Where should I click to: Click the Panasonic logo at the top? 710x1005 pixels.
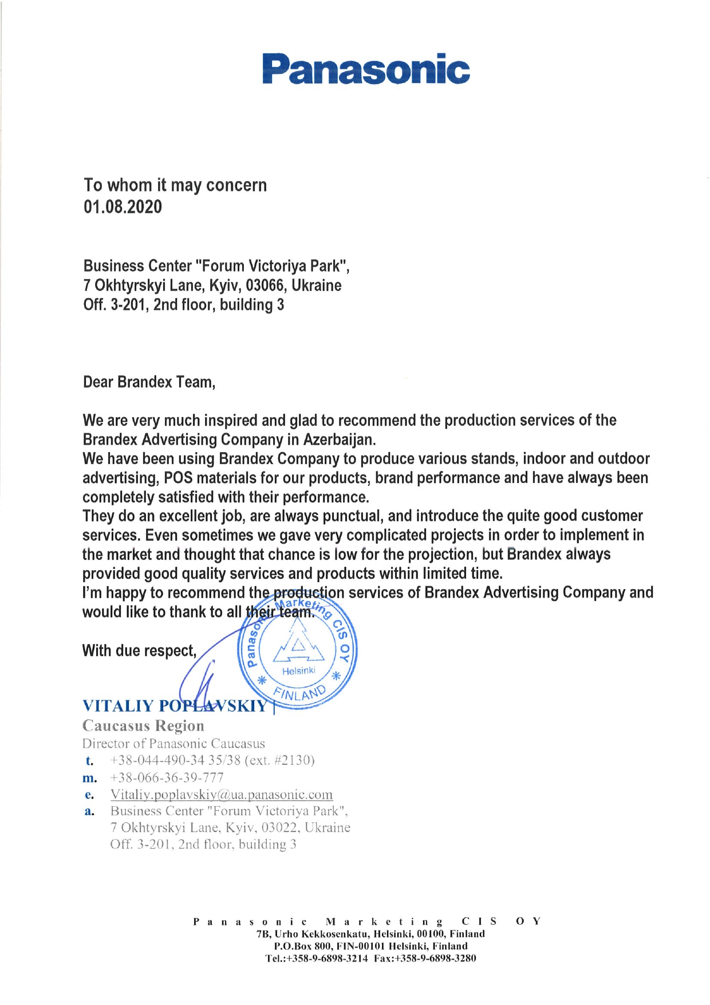tap(366, 69)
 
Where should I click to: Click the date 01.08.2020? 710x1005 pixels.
tap(123, 207)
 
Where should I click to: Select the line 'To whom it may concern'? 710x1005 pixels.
tap(175, 185)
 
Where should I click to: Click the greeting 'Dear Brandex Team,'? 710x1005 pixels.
tap(149, 382)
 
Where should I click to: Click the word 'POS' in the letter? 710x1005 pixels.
tap(178, 478)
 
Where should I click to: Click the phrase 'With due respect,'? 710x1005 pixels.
tap(139, 651)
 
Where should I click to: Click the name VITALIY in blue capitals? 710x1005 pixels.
tap(118, 706)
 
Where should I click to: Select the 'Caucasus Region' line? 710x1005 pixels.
tap(143, 726)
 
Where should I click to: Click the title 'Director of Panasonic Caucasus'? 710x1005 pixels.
tap(173, 744)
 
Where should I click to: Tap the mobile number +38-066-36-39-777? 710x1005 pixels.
tap(167, 778)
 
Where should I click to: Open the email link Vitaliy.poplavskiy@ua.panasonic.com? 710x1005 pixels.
tap(221, 795)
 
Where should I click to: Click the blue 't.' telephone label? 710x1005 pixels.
tap(89, 761)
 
